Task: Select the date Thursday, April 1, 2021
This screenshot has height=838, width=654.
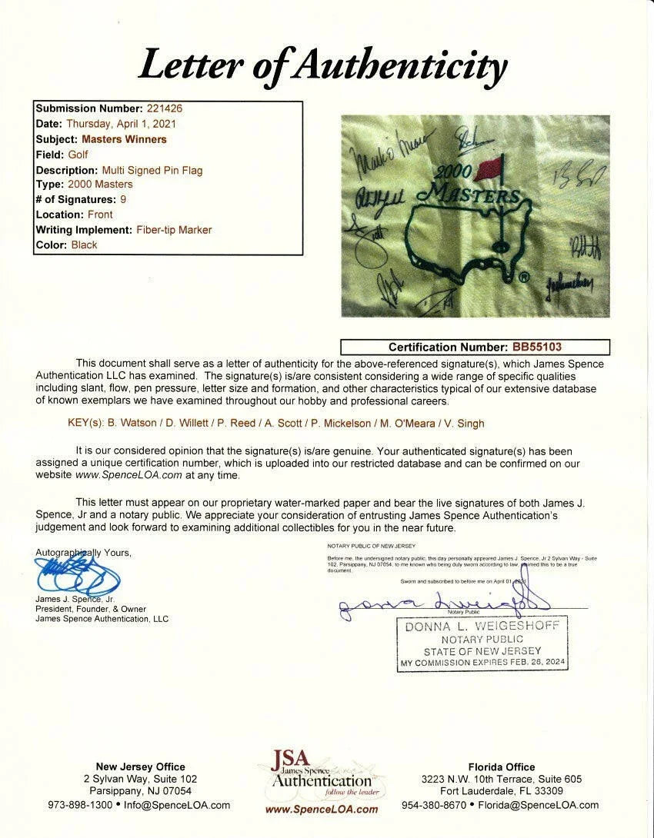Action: click(122, 124)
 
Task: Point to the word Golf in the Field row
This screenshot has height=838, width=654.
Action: click(78, 155)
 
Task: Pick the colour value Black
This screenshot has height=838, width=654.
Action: click(84, 245)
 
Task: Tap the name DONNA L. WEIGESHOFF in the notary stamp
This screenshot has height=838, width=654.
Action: click(483, 627)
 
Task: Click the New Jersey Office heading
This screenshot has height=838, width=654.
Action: click(140, 767)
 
